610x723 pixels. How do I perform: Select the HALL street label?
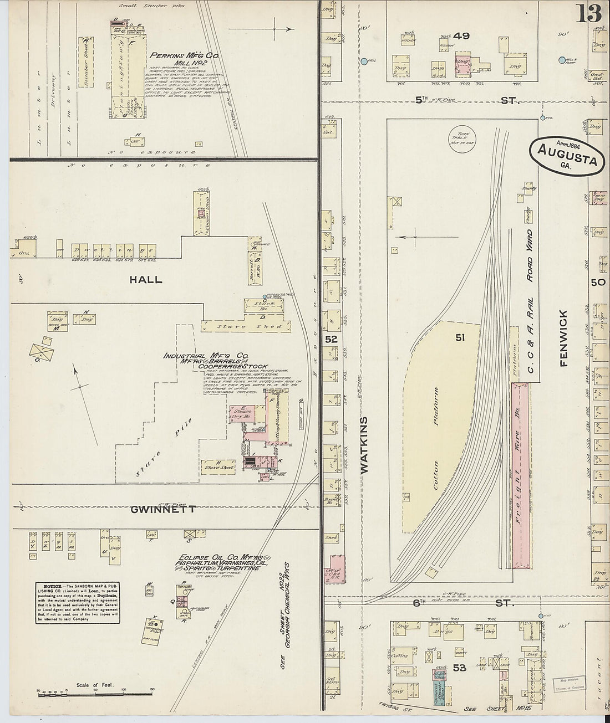pos(146,280)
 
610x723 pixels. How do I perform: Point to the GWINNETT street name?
pos(163,509)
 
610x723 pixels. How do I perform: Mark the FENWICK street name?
pos(565,338)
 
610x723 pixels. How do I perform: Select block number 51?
pos(460,337)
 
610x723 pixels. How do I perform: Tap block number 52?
pos(331,338)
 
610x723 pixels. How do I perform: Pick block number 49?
pos(461,36)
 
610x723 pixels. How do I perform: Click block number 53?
pos(459,668)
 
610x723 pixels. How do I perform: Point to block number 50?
pos(597,282)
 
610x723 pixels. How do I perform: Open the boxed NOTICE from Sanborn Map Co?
pos(78,602)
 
